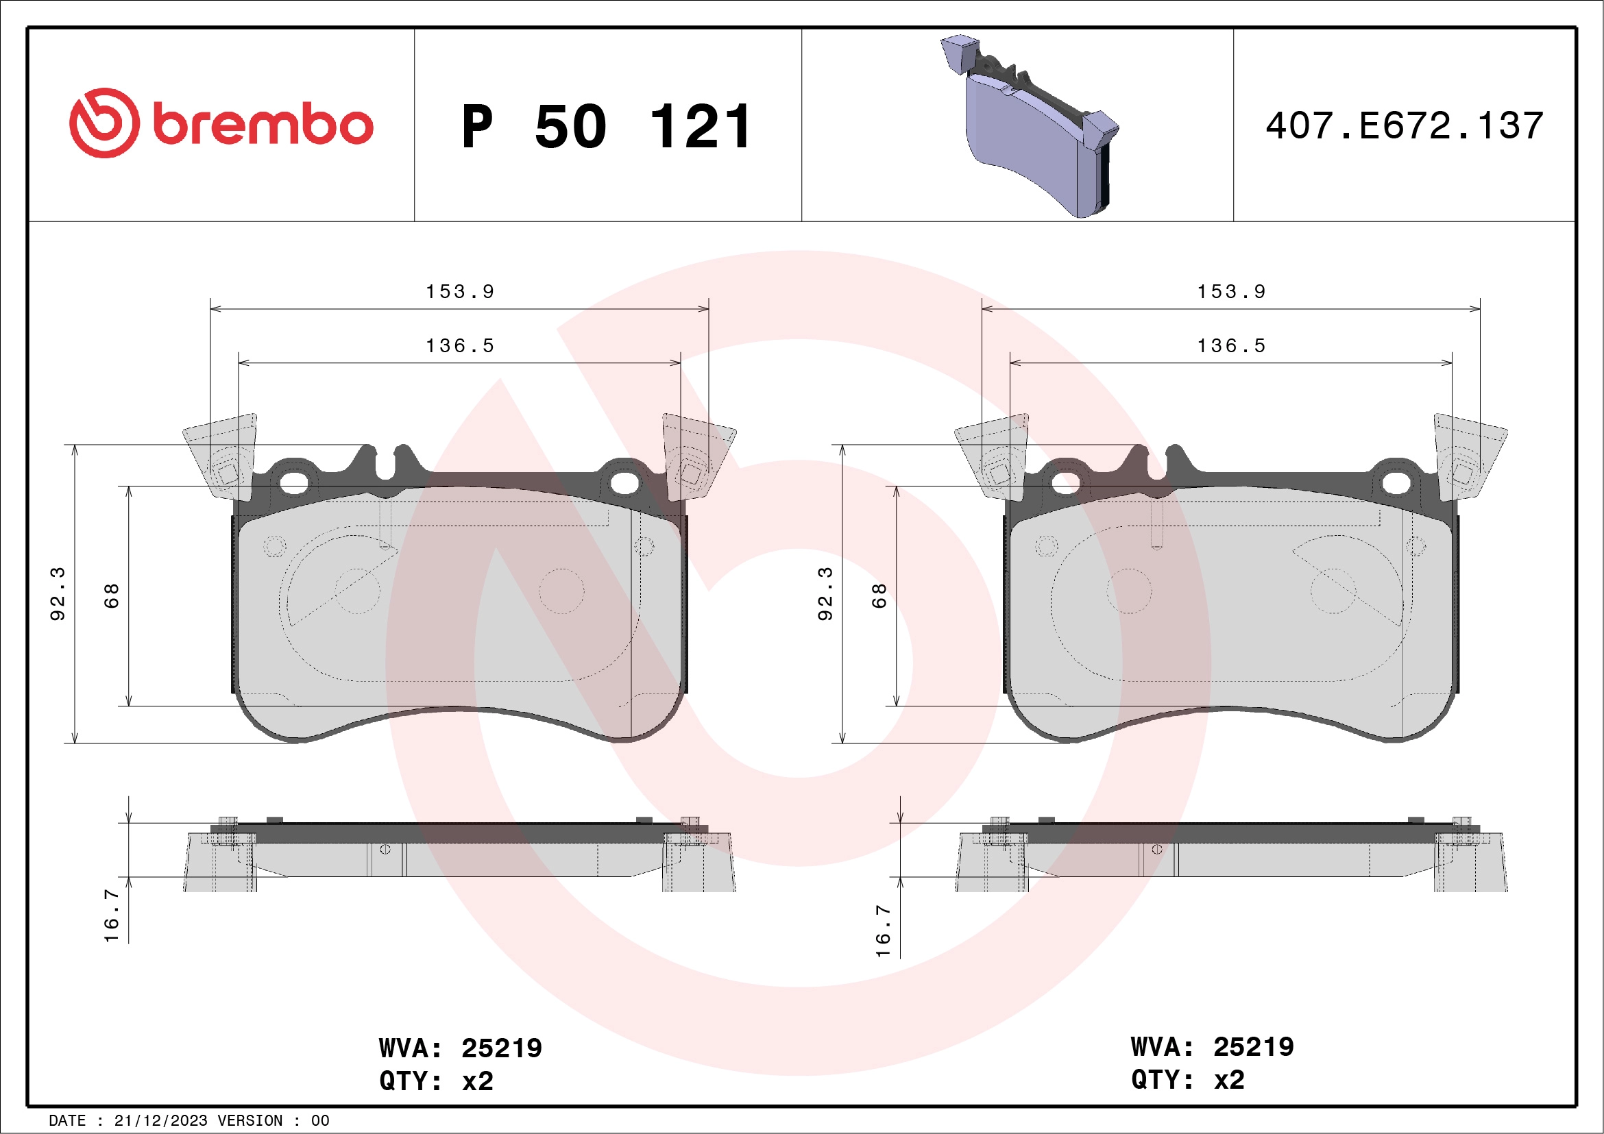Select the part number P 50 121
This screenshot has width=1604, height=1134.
point(606,127)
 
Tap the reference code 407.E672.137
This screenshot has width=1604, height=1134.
point(1405,125)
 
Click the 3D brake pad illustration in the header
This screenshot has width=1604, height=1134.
point(1031,125)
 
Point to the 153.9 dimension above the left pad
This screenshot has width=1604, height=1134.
point(460,292)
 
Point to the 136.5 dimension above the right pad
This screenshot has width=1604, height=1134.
point(1231,346)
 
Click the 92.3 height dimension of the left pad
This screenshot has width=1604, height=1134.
point(58,593)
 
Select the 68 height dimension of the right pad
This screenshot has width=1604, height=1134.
point(879,595)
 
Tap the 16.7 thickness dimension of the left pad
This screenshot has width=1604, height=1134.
point(111,915)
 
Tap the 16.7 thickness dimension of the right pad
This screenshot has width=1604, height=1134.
point(883,930)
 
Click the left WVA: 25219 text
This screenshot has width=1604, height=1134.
point(460,1048)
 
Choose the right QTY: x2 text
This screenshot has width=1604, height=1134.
point(1188,1081)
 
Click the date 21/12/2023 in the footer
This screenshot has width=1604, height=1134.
point(160,1121)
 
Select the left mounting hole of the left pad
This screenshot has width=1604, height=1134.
point(294,482)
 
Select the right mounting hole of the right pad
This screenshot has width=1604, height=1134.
point(1395,482)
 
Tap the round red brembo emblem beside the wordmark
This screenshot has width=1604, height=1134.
point(104,123)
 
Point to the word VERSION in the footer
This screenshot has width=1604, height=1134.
point(250,1121)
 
